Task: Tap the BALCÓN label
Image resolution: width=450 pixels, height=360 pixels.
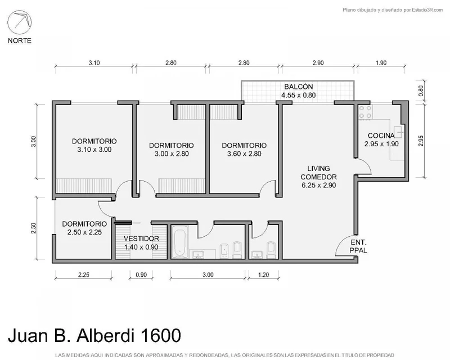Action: pyautogui.click(x=299, y=87)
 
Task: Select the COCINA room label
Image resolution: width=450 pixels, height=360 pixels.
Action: pyautogui.click(x=381, y=136)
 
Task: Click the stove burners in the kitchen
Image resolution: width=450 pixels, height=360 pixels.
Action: pyautogui.click(x=365, y=112)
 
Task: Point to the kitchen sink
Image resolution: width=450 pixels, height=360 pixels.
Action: pyautogui.click(x=398, y=132)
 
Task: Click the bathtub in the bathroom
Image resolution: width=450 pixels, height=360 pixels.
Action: pyautogui.click(x=179, y=242)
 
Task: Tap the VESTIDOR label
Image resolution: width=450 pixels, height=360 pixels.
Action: pyautogui.click(x=141, y=238)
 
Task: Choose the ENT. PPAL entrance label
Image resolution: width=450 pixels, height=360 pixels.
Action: pyautogui.click(x=358, y=246)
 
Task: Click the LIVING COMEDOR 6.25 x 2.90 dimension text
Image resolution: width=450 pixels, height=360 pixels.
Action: pyautogui.click(x=318, y=186)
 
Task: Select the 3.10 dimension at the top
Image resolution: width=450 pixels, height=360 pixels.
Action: pyautogui.click(x=94, y=62)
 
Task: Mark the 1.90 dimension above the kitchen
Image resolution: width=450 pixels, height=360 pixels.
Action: pyautogui.click(x=381, y=62)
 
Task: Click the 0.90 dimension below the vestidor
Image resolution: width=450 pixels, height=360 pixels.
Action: pyautogui.click(x=141, y=274)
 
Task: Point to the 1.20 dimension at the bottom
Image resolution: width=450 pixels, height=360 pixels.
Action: pyautogui.click(x=263, y=274)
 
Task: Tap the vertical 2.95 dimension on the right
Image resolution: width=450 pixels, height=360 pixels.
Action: pyautogui.click(x=421, y=141)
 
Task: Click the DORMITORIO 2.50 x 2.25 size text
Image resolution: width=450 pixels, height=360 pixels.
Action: pyautogui.click(x=84, y=232)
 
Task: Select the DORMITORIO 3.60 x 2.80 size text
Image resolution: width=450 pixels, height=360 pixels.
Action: pyautogui.click(x=244, y=154)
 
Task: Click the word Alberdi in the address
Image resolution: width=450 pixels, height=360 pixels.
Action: pyautogui.click(x=105, y=335)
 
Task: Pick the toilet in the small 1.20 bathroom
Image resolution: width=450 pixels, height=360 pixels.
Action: pyautogui.click(x=271, y=250)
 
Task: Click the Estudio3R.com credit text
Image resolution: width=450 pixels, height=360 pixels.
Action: pyautogui.click(x=427, y=10)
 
